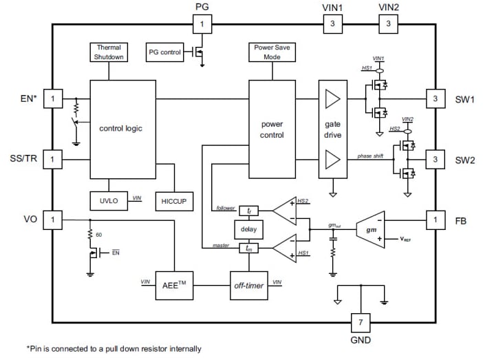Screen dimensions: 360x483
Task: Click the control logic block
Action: point(124,129)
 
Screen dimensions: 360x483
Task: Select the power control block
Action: point(272,129)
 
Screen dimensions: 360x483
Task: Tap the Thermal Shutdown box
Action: point(109,52)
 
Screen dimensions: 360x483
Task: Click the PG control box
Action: point(164,52)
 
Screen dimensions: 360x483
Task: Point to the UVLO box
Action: point(109,200)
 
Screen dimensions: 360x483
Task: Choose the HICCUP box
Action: point(175,200)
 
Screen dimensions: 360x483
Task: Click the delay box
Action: point(248,229)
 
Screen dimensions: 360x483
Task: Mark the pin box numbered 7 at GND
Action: point(360,323)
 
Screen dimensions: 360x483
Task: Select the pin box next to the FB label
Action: point(434,220)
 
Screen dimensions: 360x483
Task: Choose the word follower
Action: point(225,207)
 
